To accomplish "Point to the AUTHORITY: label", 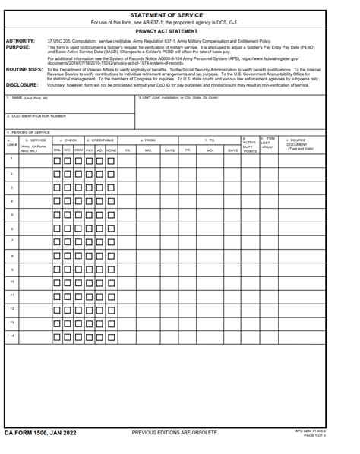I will tap(20, 41).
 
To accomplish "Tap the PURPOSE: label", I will tap(18, 46).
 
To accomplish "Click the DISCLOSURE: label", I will tap(22, 85).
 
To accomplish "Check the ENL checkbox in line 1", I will tap(57, 159).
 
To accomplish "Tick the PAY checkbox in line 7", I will tap(89, 242).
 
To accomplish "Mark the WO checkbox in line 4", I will tap(68, 201).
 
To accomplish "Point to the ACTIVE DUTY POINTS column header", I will tap(249, 145).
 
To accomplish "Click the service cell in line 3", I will tap(34, 187).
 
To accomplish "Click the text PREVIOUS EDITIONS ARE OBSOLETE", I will tap(175, 432).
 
